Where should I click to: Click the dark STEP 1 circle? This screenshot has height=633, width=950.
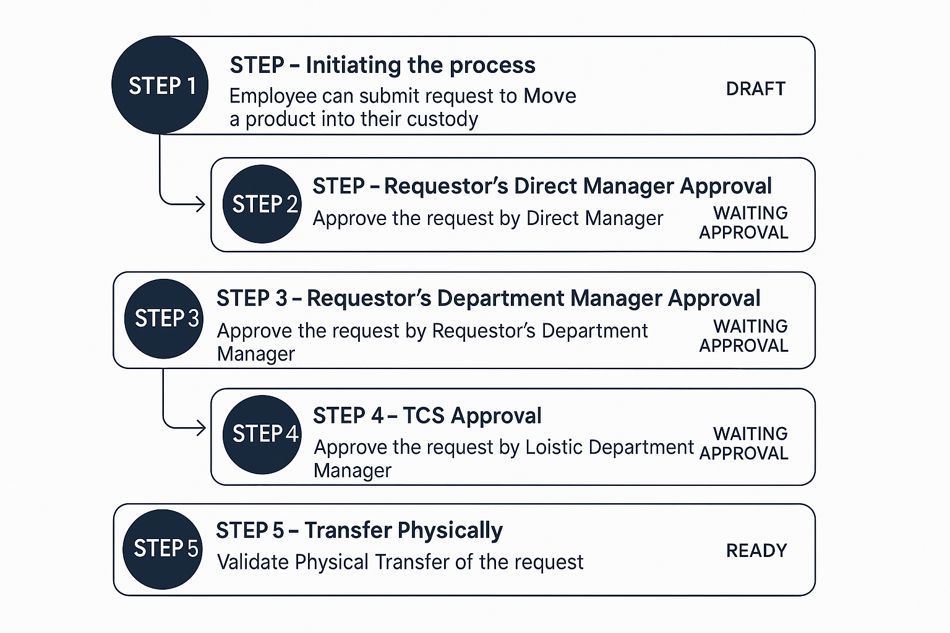tap(160, 85)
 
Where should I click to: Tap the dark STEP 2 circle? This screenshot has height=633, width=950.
tap(262, 204)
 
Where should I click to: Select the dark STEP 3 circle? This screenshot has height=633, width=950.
tap(164, 318)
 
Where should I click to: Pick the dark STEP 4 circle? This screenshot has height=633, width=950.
tap(262, 434)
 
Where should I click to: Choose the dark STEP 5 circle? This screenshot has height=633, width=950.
tap(163, 549)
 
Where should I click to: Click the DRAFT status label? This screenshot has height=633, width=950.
tap(755, 89)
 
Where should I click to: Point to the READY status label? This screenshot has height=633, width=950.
tap(756, 550)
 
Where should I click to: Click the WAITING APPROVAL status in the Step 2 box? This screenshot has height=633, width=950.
tap(744, 223)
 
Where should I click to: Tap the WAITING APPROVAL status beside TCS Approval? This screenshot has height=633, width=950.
tap(744, 443)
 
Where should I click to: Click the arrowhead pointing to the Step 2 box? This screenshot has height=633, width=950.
tap(200, 203)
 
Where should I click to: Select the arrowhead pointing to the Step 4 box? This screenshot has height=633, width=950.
tap(201, 427)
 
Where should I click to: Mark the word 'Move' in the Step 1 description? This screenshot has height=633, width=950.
tap(549, 96)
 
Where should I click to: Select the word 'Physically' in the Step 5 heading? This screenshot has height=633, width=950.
tap(450, 530)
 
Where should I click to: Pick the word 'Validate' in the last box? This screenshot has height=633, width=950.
tap(253, 562)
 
